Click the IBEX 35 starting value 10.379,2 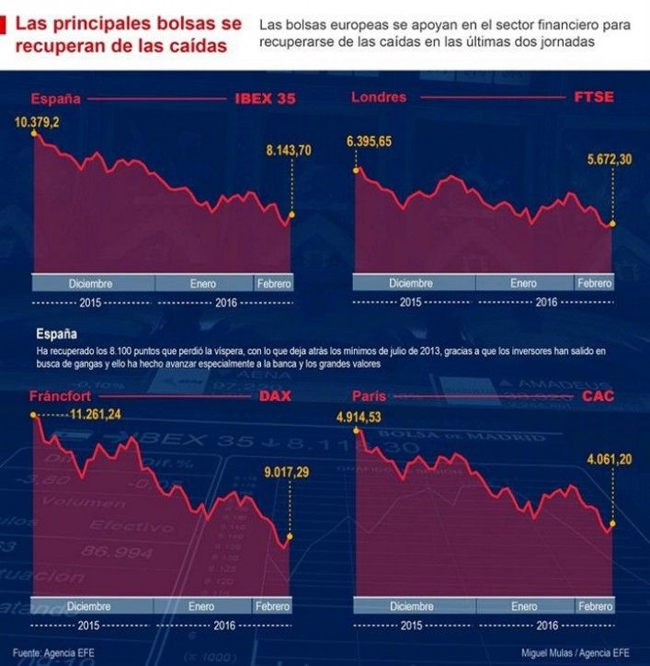tap(36, 121)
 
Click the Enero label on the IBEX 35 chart tap(203, 283)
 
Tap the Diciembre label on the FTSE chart tap(411, 283)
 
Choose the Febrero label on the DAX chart tap(272, 607)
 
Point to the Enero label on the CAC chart tap(523, 607)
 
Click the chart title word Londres tap(379, 98)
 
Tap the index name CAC tap(596, 396)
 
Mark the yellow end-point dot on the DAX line tap(290, 535)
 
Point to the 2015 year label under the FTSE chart tap(411, 302)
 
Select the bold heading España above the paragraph tap(56, 335)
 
